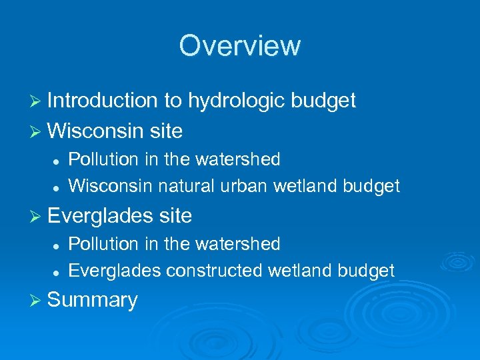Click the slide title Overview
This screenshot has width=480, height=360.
[x=240, y=46]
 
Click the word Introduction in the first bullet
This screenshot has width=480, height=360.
[x=102, y=101]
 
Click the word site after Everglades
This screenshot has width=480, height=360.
[x=175, y=216]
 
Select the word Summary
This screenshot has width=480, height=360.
[x=93, y=300]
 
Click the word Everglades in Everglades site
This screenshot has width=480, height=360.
[x=101, y=216]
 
